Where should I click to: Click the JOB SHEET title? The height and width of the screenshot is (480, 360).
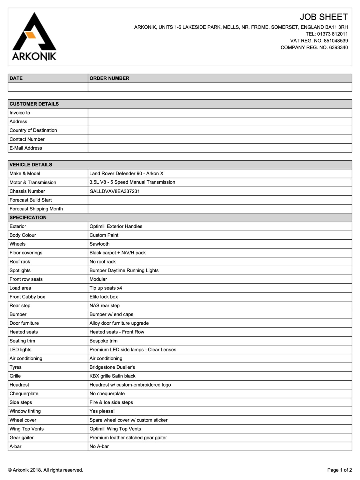[x=323, y=17]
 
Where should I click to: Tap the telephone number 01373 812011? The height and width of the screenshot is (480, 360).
[x=332, y=34]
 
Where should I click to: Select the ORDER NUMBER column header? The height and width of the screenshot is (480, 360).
[x=109, y=78]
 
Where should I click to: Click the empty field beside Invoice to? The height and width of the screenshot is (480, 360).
[x=220, y=113]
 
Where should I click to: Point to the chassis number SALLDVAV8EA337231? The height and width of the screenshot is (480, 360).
[x=115, y=191]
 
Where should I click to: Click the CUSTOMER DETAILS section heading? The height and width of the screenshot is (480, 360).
[x=34, y=104]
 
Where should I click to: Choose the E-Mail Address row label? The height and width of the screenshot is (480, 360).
[x=26, y=148]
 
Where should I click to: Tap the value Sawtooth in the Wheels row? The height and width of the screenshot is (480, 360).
[x=99, y=244]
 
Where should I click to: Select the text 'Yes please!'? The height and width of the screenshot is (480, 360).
[x=102, y=411]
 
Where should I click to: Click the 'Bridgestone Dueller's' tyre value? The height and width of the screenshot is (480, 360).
[x=112, y=367]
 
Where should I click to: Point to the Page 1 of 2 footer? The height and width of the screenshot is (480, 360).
[x=339, y=470]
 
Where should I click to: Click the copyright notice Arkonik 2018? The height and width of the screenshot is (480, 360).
[x=46, y=470]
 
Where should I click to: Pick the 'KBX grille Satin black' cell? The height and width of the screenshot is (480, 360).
[x=112, y=376]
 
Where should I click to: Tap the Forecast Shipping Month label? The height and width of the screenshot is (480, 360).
[x=36, y=209]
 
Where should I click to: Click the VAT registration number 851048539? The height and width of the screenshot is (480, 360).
[x=336, y=41]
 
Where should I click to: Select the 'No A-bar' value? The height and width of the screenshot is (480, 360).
[x=99, y=447]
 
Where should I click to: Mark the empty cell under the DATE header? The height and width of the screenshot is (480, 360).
[x=48, y=87]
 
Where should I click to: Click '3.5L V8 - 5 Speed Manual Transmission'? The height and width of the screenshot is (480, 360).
[x=132, y=182]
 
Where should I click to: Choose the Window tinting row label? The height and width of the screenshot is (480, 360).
[x=25, y=411]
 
